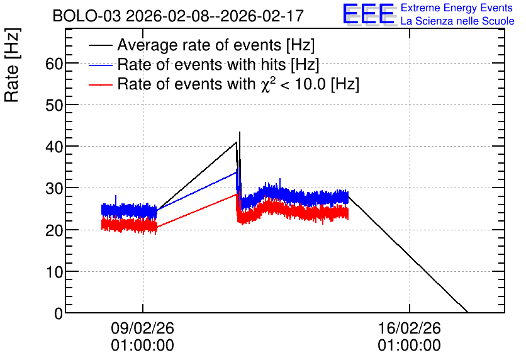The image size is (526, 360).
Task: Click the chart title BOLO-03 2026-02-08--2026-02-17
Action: pos(178,16)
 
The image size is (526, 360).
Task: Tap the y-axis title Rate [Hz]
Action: pos(12,65)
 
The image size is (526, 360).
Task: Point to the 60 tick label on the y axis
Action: pos(54,64)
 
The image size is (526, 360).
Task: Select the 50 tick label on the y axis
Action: pos(54,105)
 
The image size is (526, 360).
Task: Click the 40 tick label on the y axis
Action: pos(54,147)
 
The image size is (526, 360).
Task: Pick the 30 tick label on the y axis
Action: pos(54,188)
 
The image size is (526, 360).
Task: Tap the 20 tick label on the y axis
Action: pos(54,230)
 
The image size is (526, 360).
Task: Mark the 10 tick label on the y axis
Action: pos(54,272)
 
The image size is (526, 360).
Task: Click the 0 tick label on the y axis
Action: pos(59,313)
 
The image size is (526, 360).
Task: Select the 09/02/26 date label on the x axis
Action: pos(143,328)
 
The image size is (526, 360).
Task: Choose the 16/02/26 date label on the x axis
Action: pos(409,328)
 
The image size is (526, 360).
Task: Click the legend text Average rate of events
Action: pos(199,45)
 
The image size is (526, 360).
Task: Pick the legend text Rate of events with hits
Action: pos(201,64)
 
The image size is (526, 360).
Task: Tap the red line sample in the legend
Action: pos(101,85)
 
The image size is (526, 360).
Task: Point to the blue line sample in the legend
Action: pos(101,65)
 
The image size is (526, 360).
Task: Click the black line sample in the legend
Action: pos(101,45)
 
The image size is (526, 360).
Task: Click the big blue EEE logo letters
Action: pos(368,14)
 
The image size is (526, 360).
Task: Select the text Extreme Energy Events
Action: pos(457,8)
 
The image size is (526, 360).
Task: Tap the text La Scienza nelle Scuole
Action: pos(457,21)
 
